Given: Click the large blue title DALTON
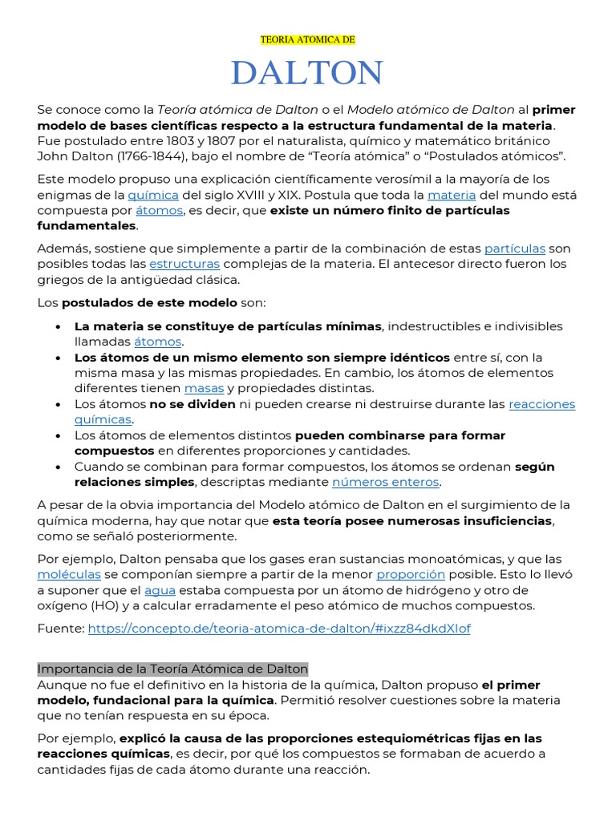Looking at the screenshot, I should [x=307, y=74].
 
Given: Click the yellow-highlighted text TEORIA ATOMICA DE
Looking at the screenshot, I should [x=307, y=39].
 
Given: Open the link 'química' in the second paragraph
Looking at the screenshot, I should [x=153, y=195].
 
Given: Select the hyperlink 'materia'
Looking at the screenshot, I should [x=452, y=195].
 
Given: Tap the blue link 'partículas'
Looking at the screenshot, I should [x=514, y=249].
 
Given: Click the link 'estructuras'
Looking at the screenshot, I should [x=184, y=264].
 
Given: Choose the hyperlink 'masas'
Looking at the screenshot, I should [x=204, y=388].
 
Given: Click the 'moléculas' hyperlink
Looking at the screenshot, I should [x=69, y=575].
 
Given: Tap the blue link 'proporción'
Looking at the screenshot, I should [x=411, y=575].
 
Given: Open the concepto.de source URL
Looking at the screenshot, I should [x=279, y=629].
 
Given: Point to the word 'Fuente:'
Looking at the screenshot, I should [x=60, y=629].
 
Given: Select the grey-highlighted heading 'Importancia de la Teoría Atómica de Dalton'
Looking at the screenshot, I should [x=172, y=669].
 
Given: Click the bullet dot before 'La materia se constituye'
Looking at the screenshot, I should [x=59, y=327].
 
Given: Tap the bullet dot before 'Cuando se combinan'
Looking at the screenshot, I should [x=59, y=467].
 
